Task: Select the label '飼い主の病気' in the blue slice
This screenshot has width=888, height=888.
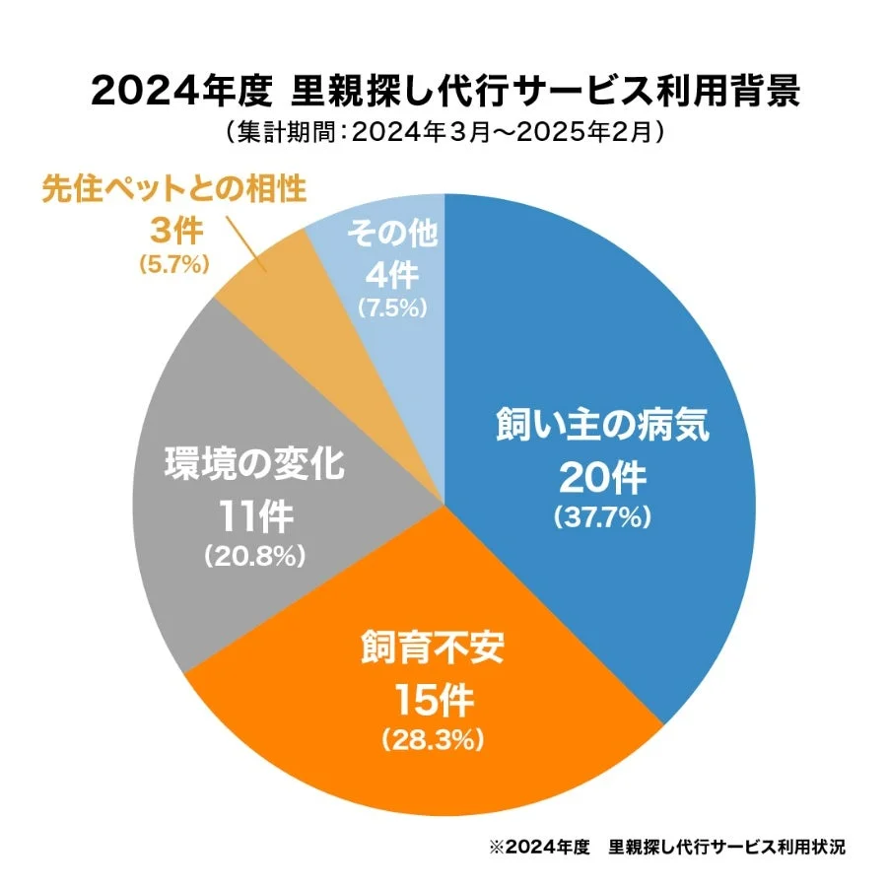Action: click(x=602, y=431)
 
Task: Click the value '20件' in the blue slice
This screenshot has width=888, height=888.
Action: click(x=602, y=478)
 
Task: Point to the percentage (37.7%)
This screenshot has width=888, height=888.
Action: click(x=602, y=515)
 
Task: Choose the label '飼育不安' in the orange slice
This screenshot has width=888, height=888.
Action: click(x=434, y=652)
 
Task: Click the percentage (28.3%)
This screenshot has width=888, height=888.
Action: click(x=434, y=737)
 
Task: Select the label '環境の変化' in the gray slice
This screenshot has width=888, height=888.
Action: click(x=254, y=464)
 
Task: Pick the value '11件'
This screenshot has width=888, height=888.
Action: click(x=254, y=515)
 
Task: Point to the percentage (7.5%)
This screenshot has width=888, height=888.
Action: click(x=392, y=307)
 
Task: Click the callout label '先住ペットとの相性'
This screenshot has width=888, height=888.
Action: click(x=173, y=189)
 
